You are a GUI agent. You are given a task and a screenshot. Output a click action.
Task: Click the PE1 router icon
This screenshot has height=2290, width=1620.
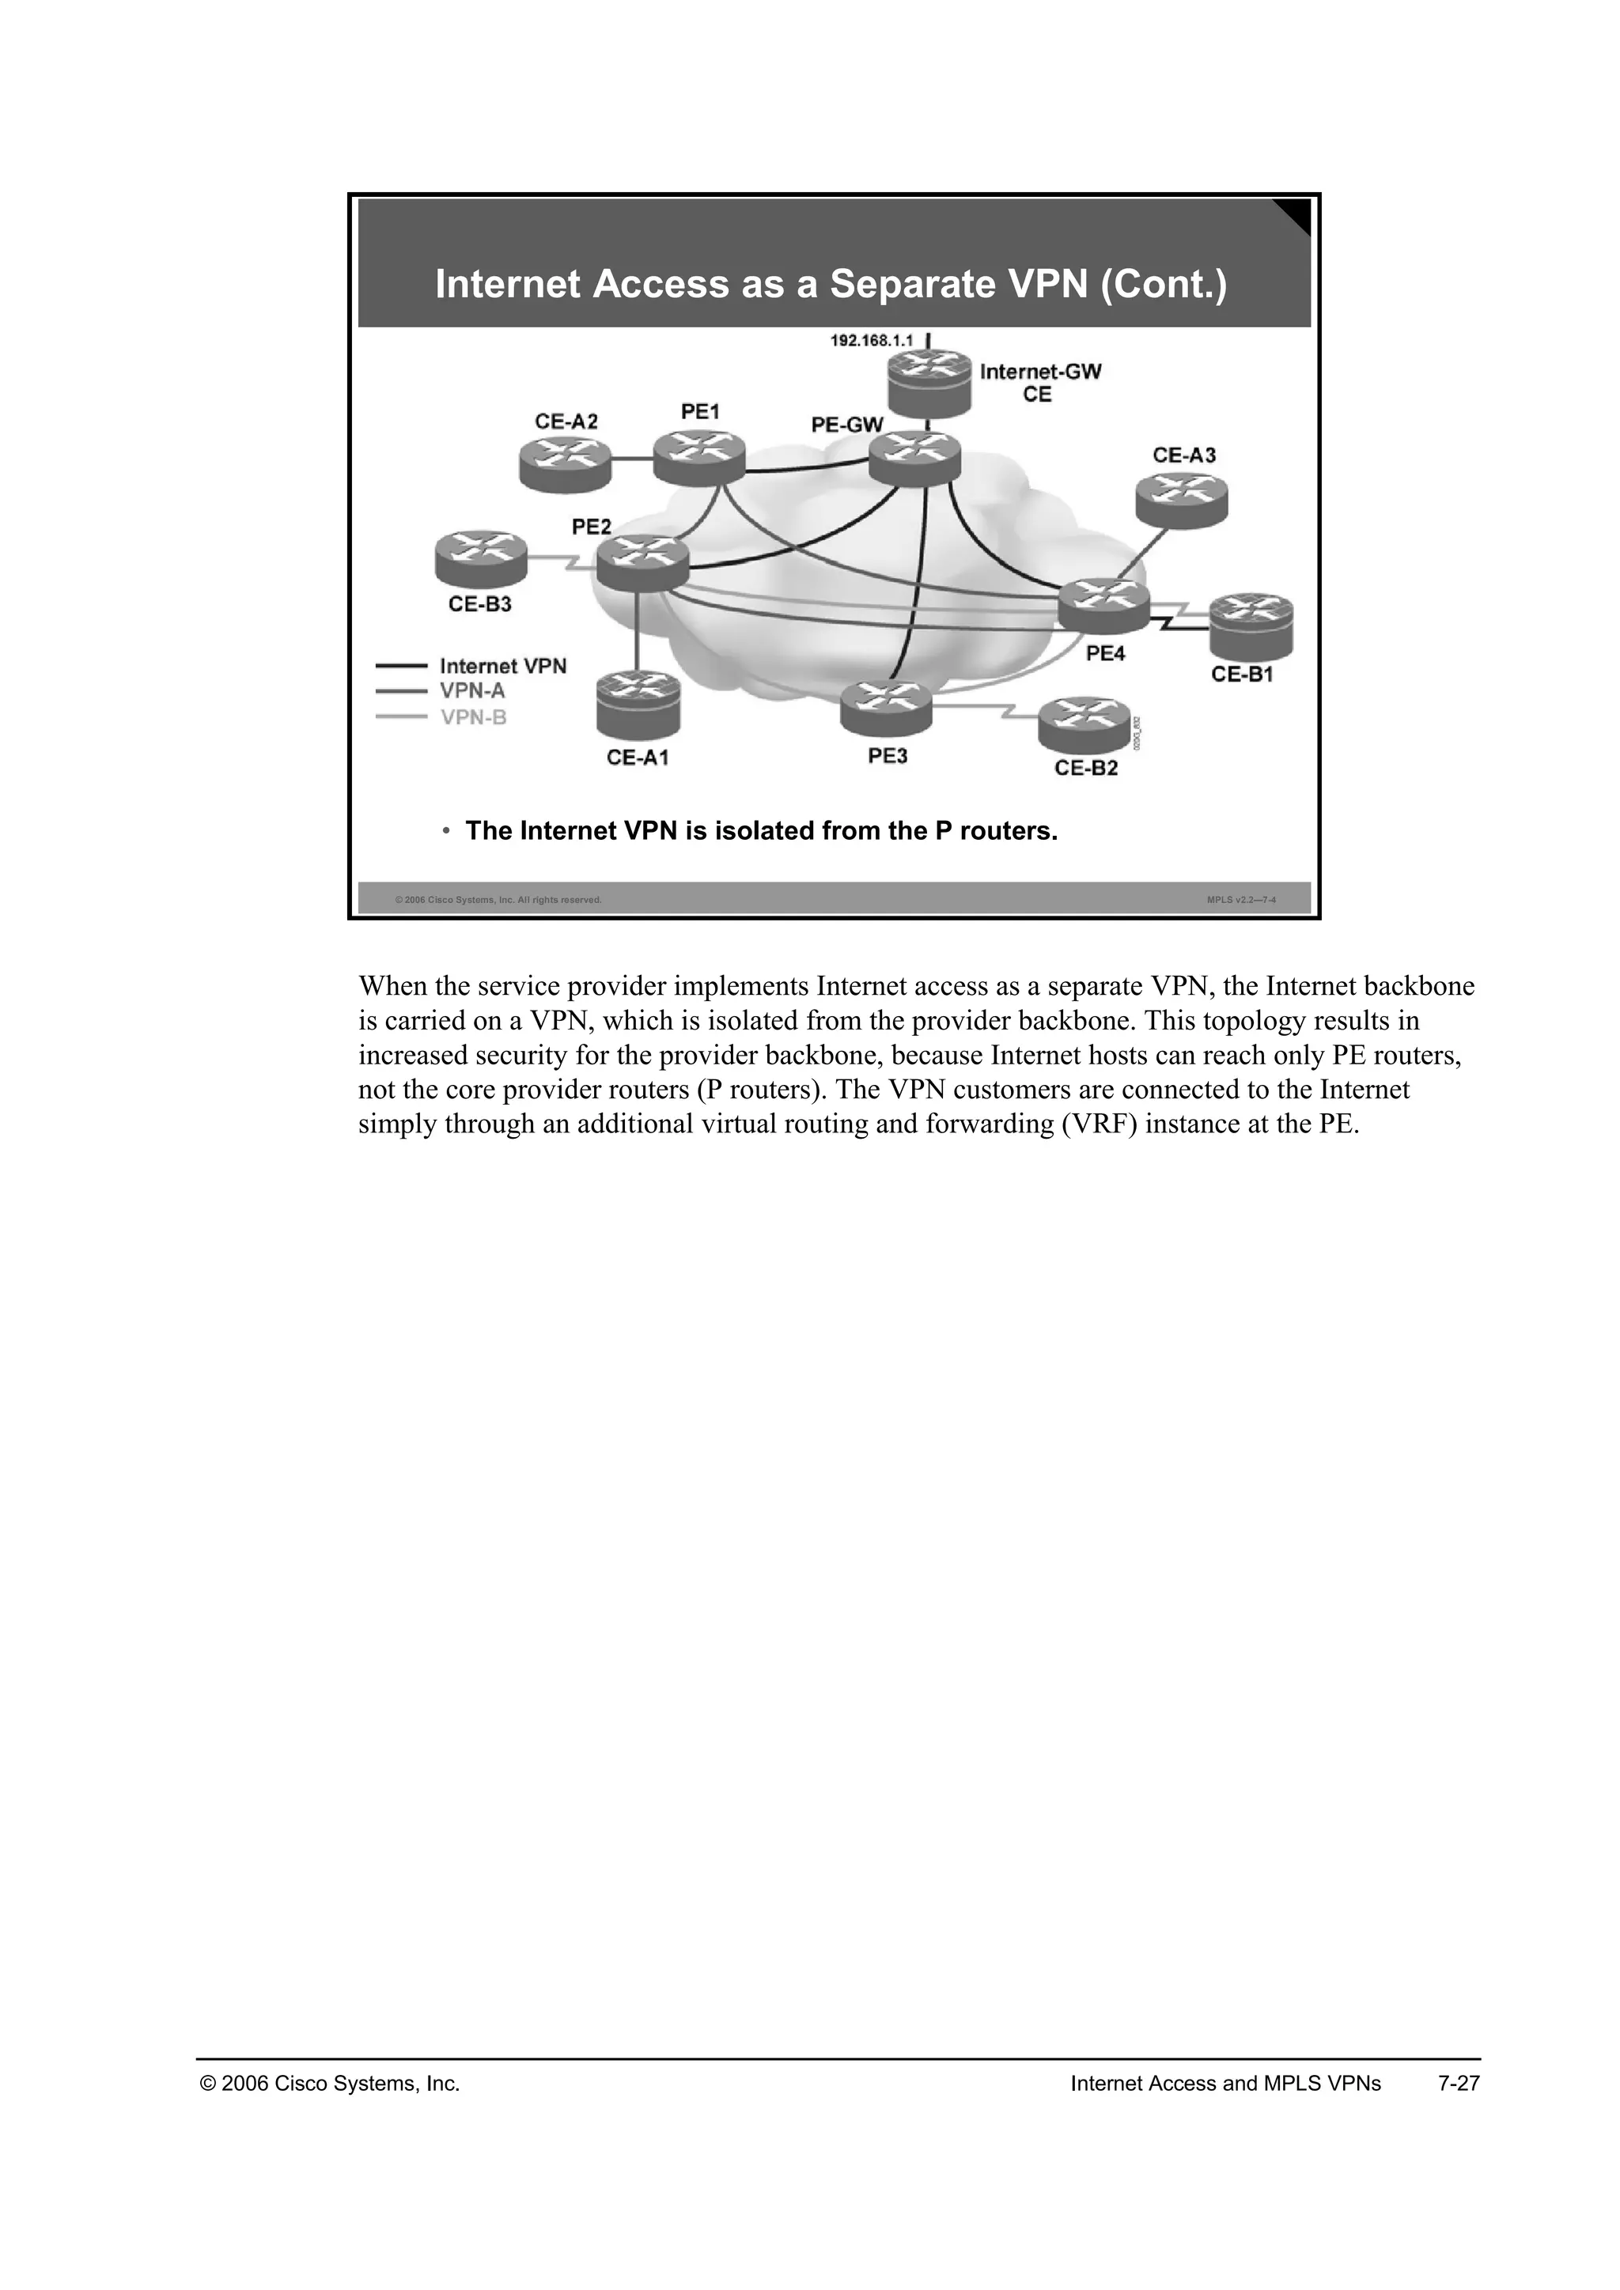pos(699,459)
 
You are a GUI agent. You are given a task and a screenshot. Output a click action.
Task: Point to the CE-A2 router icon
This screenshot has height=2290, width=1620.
pos(565,464)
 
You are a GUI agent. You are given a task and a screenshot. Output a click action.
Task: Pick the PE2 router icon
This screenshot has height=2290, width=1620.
pos(642,564)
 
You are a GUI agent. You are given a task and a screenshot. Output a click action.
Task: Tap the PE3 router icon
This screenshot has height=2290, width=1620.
pos(886,706)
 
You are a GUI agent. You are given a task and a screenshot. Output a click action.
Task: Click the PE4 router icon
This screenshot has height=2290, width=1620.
pos(1103,606)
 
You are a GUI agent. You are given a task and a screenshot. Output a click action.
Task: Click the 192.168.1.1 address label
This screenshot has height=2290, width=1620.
pos(871,341)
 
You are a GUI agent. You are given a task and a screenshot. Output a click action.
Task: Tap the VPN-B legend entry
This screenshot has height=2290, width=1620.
pos(474,716)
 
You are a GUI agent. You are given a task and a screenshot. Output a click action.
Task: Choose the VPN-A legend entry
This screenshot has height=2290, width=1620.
pos(471,690)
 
